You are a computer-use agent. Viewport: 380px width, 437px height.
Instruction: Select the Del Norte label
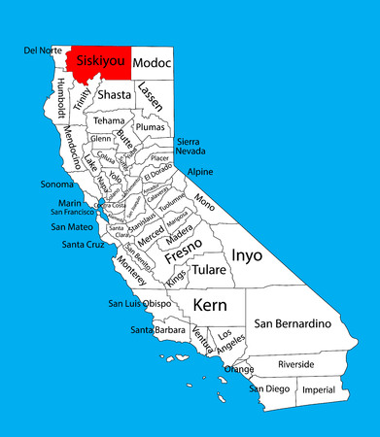44,50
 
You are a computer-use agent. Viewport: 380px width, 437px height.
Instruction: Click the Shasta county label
114,94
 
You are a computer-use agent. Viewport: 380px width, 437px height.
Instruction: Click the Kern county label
210,305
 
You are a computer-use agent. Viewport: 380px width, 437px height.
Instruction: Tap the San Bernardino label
293,322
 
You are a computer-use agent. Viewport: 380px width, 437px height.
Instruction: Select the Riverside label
295,363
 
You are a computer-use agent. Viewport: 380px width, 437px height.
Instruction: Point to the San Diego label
269,388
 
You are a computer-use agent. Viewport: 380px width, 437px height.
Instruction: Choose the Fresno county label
184,256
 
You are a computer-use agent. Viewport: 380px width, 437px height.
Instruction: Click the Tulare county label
209,269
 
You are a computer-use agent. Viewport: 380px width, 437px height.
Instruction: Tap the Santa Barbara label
158,331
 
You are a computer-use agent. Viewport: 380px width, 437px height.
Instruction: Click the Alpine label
199,171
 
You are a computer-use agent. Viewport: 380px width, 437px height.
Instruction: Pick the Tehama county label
109,121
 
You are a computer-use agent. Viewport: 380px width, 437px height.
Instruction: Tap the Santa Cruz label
83,245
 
